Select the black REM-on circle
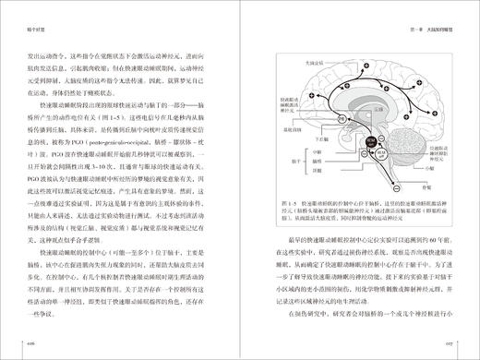pos(369,143)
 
